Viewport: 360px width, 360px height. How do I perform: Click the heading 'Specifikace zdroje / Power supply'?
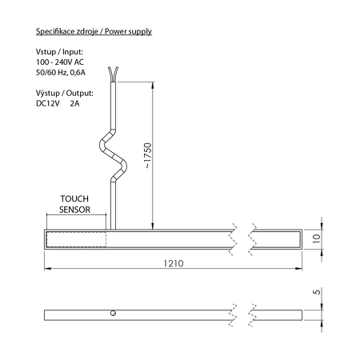[94, 32]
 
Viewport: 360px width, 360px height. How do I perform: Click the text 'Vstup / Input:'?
[59, 52]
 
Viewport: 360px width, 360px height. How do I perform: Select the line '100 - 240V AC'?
[61, 62]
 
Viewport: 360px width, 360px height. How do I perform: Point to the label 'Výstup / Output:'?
[65, 92]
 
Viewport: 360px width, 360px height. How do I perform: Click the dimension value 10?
[317, 238]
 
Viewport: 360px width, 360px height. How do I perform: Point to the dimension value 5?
[317, 294]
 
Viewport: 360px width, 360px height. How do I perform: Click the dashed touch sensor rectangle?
[76, 238]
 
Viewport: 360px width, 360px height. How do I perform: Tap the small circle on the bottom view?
[114, 313]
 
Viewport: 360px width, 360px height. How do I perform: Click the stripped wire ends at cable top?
[118, 74]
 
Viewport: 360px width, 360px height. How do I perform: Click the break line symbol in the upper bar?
[240, 238]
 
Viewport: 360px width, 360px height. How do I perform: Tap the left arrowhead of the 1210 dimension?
[46, 267]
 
